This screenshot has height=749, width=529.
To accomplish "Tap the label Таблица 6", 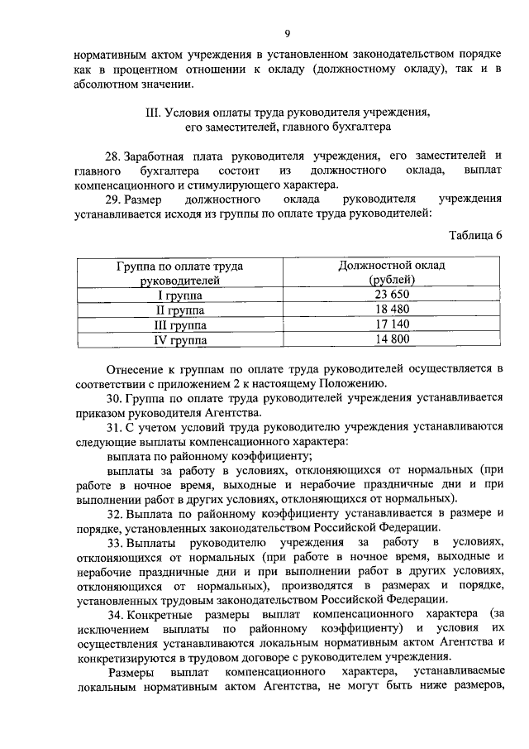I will click(x=475, y=235).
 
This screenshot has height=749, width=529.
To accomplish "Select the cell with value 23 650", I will click(x=392, y=295).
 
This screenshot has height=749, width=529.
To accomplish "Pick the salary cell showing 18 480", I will click(x=392, y=310).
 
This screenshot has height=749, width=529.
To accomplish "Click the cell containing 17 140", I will click(x=392, y=324).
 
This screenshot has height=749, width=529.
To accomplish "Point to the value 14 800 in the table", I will click(x=392, y=339).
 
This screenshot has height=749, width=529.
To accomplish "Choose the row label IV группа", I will click(x=182, y=339).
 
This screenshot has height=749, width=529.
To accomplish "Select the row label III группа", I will click(x=182, y=324).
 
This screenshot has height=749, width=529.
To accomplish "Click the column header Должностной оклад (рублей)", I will click(x=392, y=272).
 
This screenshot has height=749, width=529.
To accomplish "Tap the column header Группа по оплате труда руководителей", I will click(x=182, y=272).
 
